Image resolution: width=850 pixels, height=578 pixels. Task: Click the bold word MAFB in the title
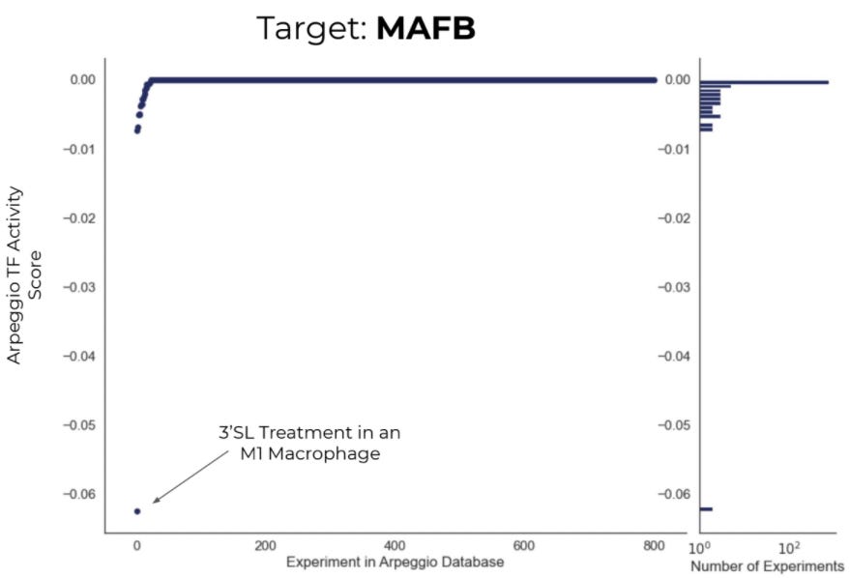click(x=425, y=28)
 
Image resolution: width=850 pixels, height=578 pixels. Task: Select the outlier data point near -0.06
click(x=137, y=510)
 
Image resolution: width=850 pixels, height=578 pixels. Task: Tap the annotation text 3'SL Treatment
click(x=309, y=432)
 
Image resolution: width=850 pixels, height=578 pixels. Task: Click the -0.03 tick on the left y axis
click(x=81, y=287)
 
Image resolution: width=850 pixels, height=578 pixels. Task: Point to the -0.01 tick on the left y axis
click(x=81, y=149)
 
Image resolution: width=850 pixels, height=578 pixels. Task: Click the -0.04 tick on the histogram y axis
click(x=678, y=356)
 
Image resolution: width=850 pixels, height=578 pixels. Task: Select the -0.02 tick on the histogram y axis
click(x=678, y=217)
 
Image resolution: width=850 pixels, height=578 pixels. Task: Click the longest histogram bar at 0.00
click(x=764, y=81)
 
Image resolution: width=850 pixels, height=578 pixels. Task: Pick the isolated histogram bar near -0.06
click(x=706, y=508)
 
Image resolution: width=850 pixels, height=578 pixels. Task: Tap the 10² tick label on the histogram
click(x=790, y=547)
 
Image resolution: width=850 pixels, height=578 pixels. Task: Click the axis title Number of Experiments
click(x=767, y=565)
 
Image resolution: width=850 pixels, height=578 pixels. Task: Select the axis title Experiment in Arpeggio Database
click(x=395, y=562)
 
